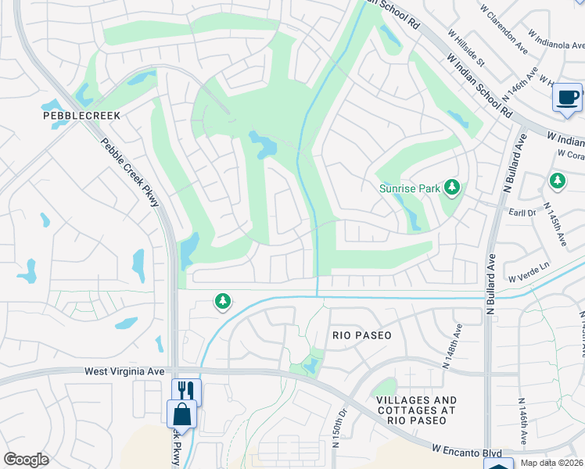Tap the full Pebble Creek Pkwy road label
pyautogui.click(x=130, y=173)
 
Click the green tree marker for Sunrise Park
pyautogui.click(x=451, y=187)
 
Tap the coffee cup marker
pyautogui.click(x=566, y=98)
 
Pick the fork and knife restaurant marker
pyautogui.click(x=186, y=390)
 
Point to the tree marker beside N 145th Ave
pyautogui.click(x=557, y=181)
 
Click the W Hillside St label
pyautogui.click(x=466, y=48)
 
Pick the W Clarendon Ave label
pyautogui.click(x=505, y=43)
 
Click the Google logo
pyautogui.click(x=26, y=460)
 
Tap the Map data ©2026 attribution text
pyautogui.click(x=551, y=463)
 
